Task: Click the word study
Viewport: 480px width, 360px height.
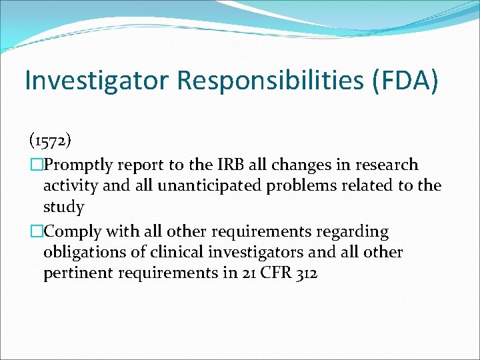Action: click(x=64, y=207)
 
